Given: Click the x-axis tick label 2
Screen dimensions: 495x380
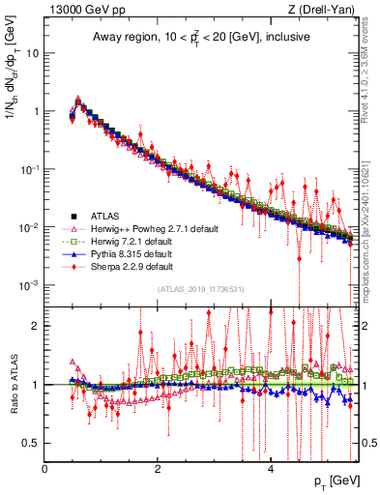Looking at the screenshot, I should coord(158,469).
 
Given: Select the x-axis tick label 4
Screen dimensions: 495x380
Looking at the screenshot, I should coord(271,469).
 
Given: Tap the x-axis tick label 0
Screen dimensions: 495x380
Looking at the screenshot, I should coord(44,469).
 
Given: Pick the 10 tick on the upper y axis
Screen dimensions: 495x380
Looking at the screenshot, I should coord(32,53).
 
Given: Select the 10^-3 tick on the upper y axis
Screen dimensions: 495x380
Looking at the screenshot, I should coord(29,285).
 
